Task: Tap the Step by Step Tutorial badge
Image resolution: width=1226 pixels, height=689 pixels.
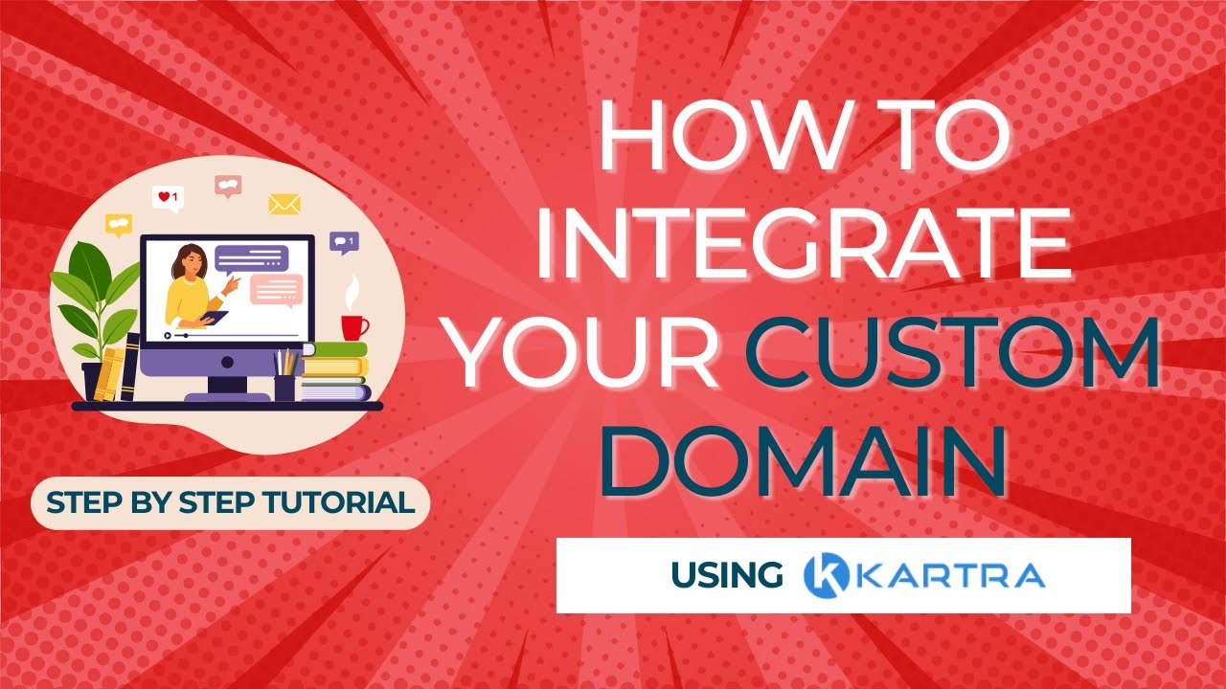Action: (x=231, y=502)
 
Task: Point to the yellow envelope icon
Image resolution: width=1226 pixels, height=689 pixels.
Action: (x=284, y=204)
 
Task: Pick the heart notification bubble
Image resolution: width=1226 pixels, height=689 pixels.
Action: (x=167, y=197)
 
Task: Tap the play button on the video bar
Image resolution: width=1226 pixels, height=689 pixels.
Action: (x=168, y=335)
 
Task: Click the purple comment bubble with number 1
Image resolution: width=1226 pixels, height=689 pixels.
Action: (x=343, y=241)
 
